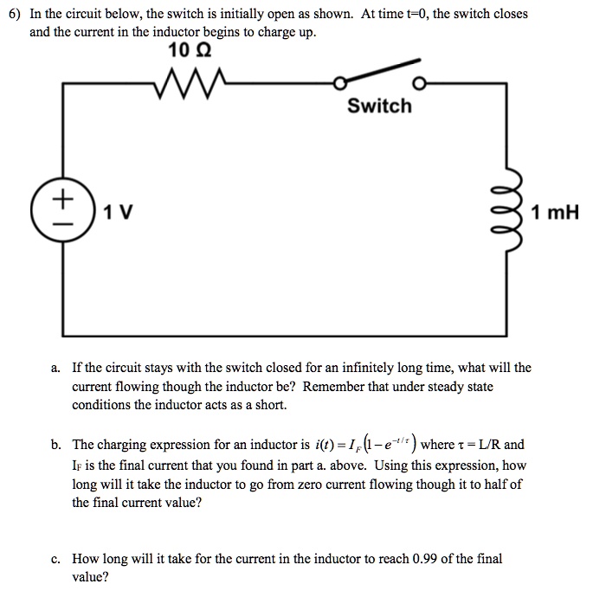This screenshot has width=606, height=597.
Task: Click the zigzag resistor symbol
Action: tap(189, 85)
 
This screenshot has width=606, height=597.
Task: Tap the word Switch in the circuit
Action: tap(379, 106)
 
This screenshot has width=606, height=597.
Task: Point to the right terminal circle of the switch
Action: tap(420, 85)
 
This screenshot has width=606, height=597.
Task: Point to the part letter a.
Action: tap(54, 368)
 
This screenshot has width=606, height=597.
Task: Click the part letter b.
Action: tap(54, 445)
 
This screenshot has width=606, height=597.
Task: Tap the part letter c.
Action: tap(54, 559)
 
